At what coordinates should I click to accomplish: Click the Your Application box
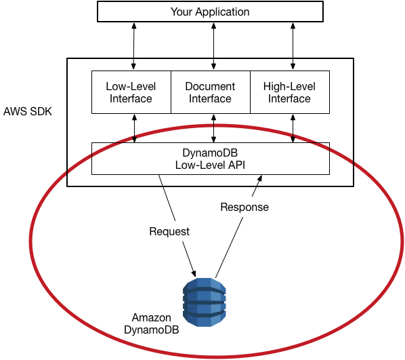(x=210, y=12)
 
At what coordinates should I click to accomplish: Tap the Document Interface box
(x=210, y=92)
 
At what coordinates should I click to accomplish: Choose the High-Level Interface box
(x=289, y=92)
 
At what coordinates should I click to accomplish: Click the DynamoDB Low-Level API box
(x=210, y=158)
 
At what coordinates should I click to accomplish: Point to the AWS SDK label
(x=28, y=111)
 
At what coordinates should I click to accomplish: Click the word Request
(x=169, y=231)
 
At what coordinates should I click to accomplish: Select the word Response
(x=244, y=207)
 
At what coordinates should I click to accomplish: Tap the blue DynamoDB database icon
(x=204, y=303)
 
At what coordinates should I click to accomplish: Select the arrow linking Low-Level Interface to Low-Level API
(x=135, y=128)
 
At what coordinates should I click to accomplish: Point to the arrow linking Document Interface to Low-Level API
(x=214, y=128)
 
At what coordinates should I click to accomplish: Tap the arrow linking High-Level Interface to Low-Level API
(x=293, y=128)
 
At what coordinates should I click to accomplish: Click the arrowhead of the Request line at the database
(x=194, y=273)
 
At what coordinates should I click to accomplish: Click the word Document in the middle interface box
(x=210, y=86)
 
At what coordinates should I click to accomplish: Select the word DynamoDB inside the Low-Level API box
(x=210, y=153)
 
